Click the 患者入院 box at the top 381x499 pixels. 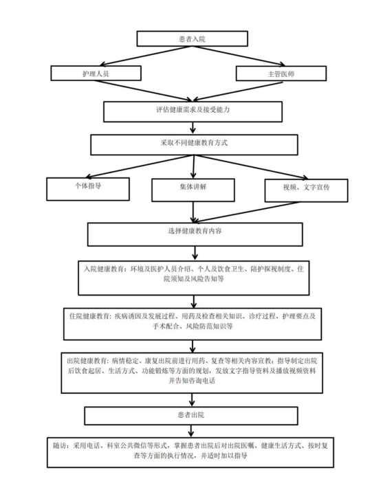pyautogui.click(x=192, y=38)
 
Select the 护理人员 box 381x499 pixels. pyautogui.click(x=96, y=73)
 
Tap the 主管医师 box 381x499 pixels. pyautogui.click(x=281, y=74)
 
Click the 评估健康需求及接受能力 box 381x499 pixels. pyautogui.click(x=193, y=111)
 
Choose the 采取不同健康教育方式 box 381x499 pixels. pyautogui.click(x=194, y=145)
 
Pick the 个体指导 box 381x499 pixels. pyautogui.click(x=88, y=189)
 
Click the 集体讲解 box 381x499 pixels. pyautogui.click(x=193, y=190)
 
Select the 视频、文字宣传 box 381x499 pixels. pyautogui.click(x=306, y=190)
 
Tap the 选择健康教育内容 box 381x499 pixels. pyautogui.click(x=195, y=234)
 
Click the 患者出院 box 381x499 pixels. pyautogui.click(x=191, y=416)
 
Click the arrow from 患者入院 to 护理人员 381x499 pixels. pyautogui.click(x=146, y=56)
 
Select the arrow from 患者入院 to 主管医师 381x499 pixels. pyautogui.click(x=239, y=56)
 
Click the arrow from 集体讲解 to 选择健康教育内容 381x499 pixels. pyautogui.click(x=193, y=212)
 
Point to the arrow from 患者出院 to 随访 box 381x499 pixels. pyautogui.click(x=191, y=431)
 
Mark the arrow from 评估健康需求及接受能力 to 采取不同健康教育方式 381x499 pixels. pyautogui.click(x=193, y=128)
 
